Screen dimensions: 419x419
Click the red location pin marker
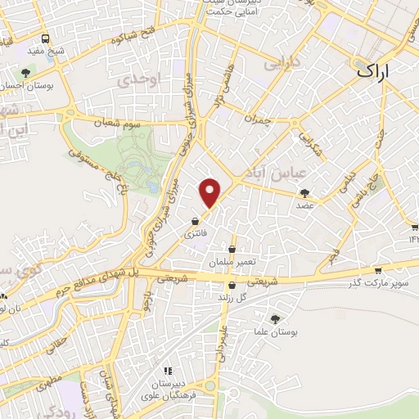[211, 192]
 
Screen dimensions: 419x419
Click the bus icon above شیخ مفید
[44, 38]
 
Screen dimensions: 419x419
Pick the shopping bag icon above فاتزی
[195, 221]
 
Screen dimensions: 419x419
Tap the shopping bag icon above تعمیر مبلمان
[232, 249]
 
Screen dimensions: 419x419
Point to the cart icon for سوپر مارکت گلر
[377, 270]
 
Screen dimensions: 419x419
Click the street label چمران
[256, 119]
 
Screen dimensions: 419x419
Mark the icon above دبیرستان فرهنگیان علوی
[169, 371]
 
